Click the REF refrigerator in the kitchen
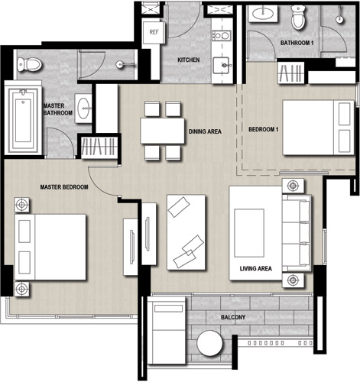[154, 32]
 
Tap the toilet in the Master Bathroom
[29, 64]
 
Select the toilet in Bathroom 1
[298, 17]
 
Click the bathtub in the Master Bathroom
[23, 119]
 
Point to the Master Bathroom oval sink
[83, 108]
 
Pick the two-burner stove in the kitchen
[222, 36]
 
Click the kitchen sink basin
[221, 66]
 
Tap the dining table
[162, 131]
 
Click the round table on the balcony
[210, 343]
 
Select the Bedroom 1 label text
[264, 129]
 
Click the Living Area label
[255, 268]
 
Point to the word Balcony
[233, 317]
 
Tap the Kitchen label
[189, 60]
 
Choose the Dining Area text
[205, 131]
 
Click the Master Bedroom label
[64, 187]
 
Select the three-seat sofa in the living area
[297, 233]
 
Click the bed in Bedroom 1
[319, 128]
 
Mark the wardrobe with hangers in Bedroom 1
[290, 73]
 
